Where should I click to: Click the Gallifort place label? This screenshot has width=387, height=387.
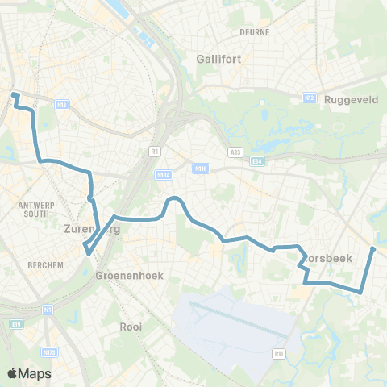tap(220, 58)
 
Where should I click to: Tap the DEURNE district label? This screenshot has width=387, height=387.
tap(254, 32)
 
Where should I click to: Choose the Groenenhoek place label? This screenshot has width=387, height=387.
tap(129, 275)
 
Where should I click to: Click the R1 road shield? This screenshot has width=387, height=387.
tap(154, 151)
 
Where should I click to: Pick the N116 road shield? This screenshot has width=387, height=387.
tap(202, 169)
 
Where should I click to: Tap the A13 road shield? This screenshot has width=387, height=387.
tap(235, 151)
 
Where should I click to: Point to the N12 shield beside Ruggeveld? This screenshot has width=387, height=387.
tap(307, 97)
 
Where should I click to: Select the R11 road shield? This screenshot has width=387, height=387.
tap(279, 352)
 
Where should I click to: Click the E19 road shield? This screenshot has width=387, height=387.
tap(17, 323)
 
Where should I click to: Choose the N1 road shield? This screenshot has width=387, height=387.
tap(48, 309)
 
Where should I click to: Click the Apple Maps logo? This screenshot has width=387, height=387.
tap(29, 373)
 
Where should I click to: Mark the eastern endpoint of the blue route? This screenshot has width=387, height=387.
tap(373, 248)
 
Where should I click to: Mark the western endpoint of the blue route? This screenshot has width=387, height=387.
tap(14, 95)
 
